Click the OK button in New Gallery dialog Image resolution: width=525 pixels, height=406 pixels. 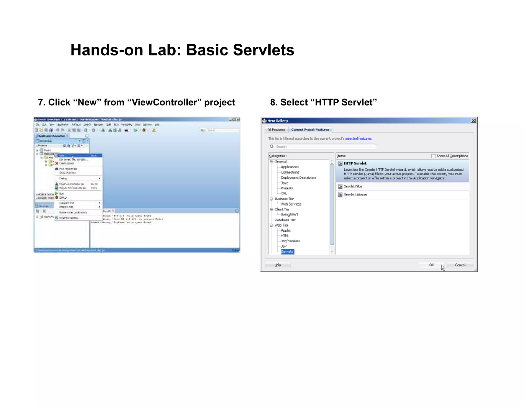[x=431, y=265]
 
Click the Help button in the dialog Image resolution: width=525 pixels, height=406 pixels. [x=278, y=265]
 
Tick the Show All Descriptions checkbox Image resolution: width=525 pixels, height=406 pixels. [x=433, y=156]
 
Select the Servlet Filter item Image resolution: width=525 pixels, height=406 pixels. [x=353, y=186]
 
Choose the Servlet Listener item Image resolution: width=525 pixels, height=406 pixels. [x=355, y=195]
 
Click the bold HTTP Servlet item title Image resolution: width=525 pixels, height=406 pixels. [x=355, y=163]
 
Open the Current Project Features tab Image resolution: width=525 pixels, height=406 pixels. [x=310, y=130]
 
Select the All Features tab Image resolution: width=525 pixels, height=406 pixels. [x=276, y=130]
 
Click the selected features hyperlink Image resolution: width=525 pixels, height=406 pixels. [x=358, y=139]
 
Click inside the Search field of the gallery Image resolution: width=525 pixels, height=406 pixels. [x=323, y=147]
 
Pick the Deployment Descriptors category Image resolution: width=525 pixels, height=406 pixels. [x=298, y=178]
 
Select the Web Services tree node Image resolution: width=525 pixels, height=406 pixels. [x=291, y=204]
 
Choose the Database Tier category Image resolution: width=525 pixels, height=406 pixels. [x=285, y=220]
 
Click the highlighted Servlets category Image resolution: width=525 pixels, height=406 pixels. [x=287, y=252]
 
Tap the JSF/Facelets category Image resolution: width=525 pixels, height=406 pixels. [x=290, y=241]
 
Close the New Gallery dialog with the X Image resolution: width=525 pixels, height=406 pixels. [x=473, y=121]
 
